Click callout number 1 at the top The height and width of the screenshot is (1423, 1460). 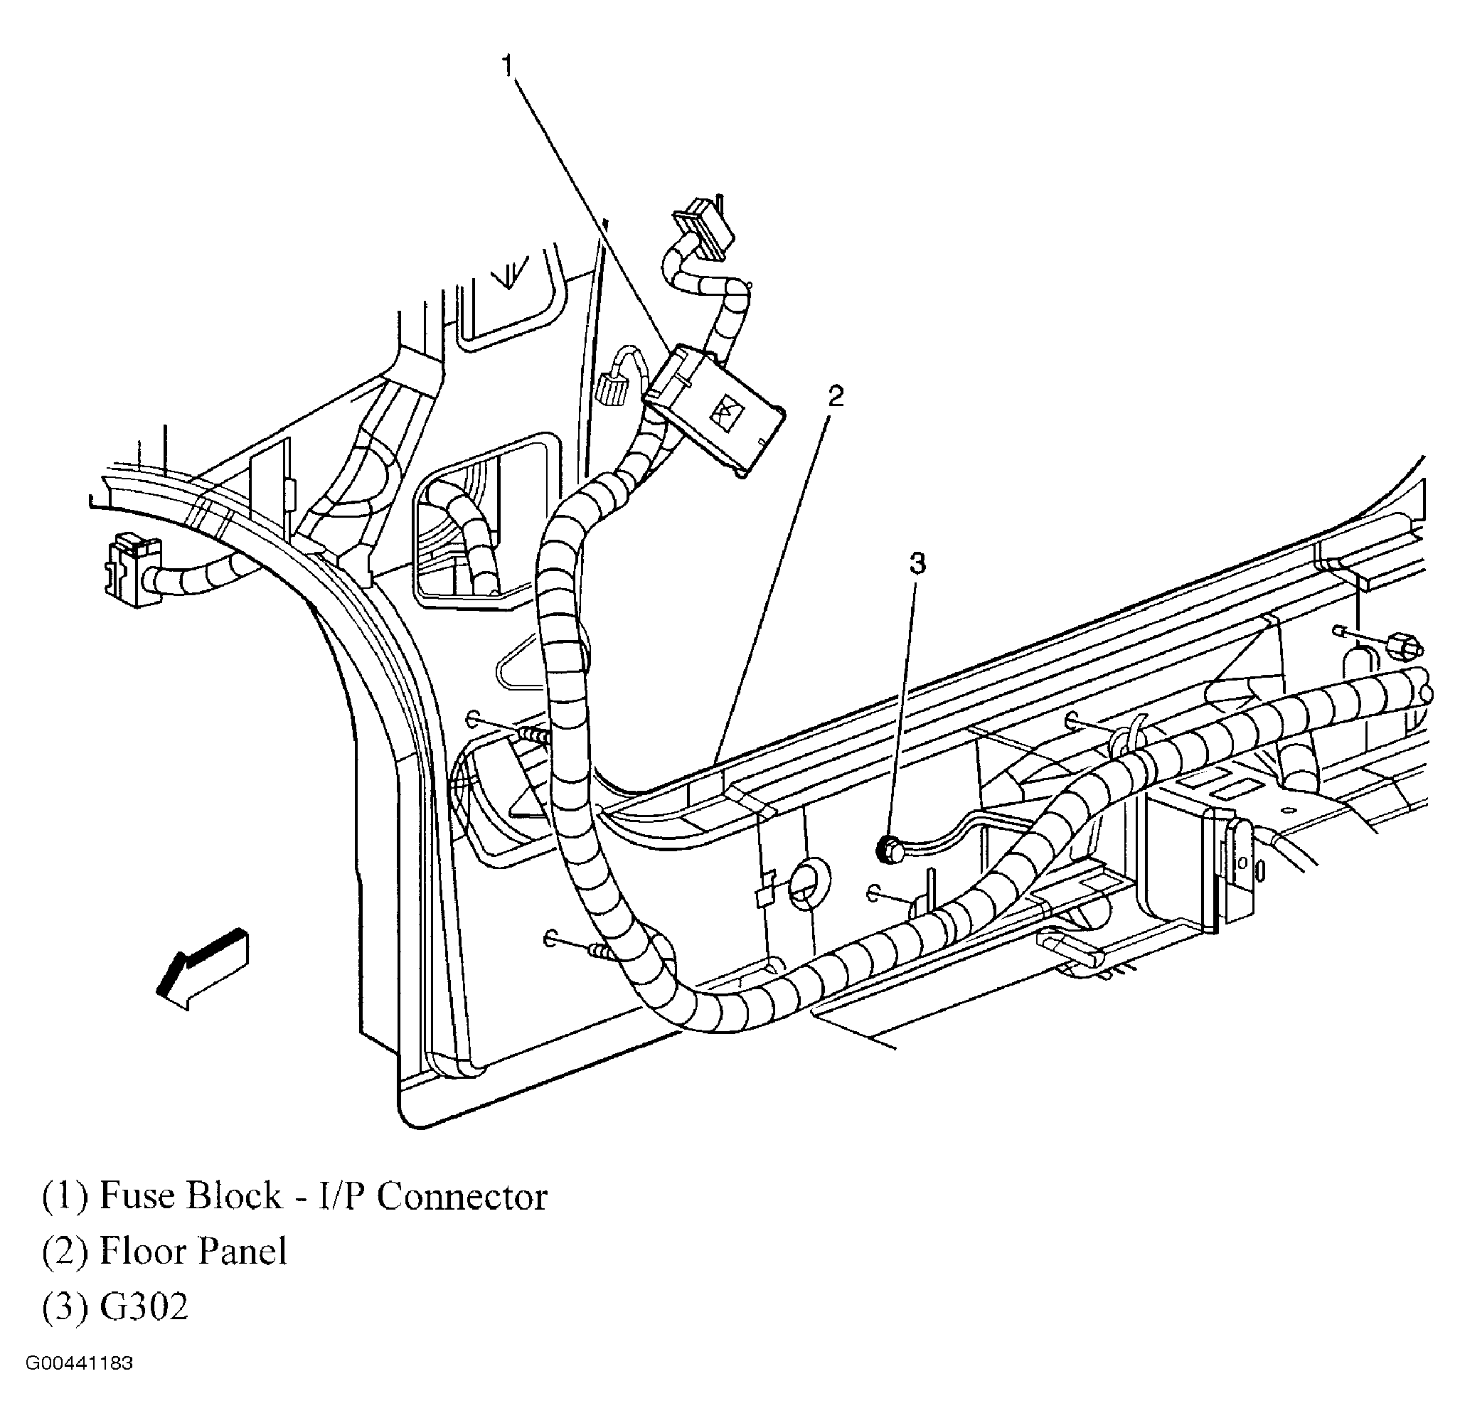point(508,65)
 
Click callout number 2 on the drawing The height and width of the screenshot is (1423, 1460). point(835,396)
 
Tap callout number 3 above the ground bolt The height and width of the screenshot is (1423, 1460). point(917,563)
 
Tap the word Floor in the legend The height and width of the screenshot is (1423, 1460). point(141,1251)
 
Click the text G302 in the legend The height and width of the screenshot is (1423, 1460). point(144,1307)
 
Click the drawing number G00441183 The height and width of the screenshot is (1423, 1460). point(79,1363)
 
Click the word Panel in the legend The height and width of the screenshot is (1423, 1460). point(239,1251)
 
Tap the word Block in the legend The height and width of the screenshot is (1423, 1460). point(233,1195)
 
